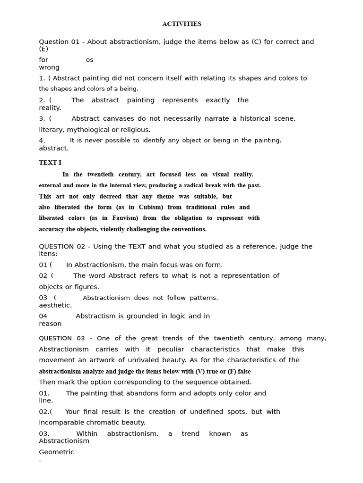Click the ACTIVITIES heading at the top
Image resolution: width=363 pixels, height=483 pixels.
click(x=181, y=24)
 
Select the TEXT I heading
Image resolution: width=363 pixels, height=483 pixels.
click(x=50, y=163)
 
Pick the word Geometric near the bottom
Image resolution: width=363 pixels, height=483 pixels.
click(x=56, y=452)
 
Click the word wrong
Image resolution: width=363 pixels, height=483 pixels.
click(x=49, y=67)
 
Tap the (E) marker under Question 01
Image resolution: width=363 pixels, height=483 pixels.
click(x=43, y=49)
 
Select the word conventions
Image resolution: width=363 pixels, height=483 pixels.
click(x=186, y=229)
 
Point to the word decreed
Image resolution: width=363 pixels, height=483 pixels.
click(x=111, y=196)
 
